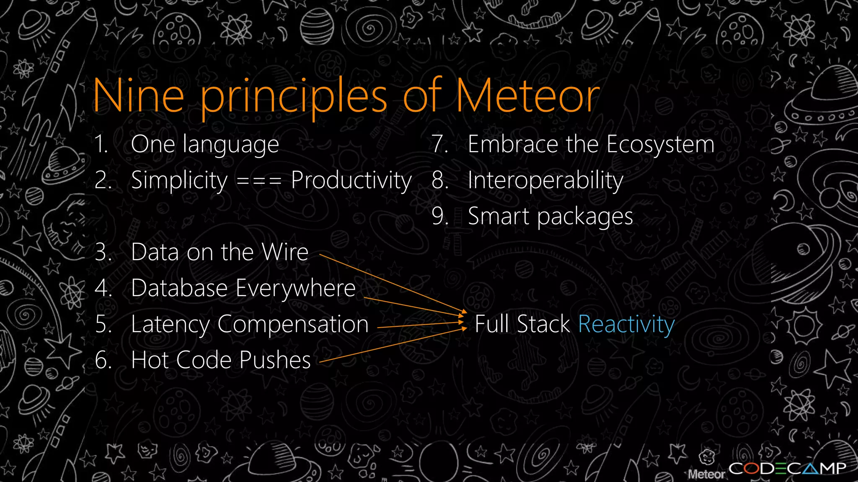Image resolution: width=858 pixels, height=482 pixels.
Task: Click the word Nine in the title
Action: point(138,96)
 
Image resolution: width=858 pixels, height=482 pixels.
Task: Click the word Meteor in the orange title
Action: point(528,96)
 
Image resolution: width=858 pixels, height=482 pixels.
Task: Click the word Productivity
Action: point(351,181)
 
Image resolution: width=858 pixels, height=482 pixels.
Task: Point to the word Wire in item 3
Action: point(284,252)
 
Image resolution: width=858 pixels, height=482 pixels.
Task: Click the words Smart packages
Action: point(550,217)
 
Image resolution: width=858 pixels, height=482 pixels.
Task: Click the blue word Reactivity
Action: point(626,324)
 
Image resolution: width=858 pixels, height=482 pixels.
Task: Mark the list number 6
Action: point(103,360)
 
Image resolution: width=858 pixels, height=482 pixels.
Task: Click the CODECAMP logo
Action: point(787,468)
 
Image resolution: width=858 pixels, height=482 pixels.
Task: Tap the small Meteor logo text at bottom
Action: point(706,474)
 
